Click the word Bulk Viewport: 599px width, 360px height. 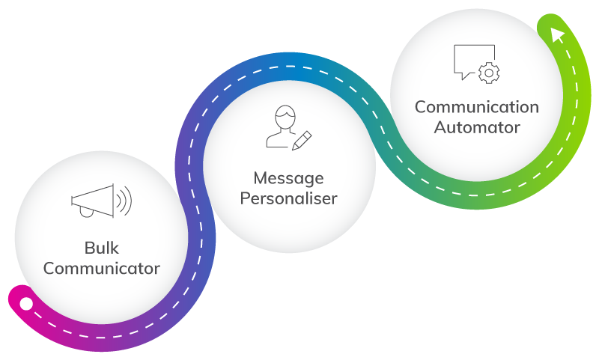click(x=101, y=248)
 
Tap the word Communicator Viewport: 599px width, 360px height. click(x=101, y=268)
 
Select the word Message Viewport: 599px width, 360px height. click(x=288, y=178)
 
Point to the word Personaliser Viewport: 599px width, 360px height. click(x=288, y=199)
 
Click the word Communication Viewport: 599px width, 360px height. click(x=477, y=107)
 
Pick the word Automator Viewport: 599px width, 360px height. click(x=477, y=127)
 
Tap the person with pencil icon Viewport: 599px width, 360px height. click(x=288, y=129)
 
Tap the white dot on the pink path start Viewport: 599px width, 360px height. click(x=26, y=304)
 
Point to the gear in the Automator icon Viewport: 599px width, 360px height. click(x=490, y=72)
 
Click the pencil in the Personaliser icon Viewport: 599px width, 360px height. click(x=302, y=140)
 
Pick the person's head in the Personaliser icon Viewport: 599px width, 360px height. click(x=284, y=118)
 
